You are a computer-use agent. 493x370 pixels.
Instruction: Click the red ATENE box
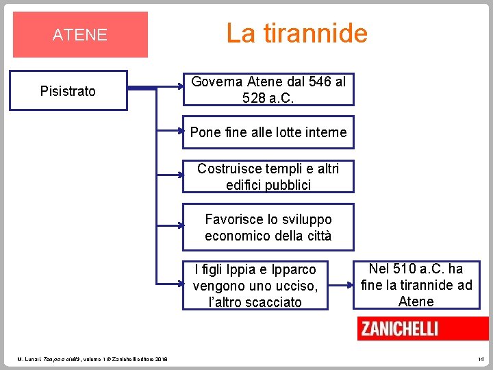tap(80, 34)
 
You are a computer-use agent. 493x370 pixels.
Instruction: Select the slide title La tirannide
tap(296, 32)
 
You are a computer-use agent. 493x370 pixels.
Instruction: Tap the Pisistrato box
tap(68, 90)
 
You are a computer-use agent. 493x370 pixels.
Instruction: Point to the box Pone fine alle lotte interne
tap(268, 132)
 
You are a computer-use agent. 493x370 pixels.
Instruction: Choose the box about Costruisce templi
tap(268, 176)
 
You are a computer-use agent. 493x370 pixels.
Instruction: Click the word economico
tap(236, 236)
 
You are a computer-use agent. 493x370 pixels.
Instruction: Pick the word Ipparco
tap(294, 269)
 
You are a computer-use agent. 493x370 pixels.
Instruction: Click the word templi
tap(276, 169)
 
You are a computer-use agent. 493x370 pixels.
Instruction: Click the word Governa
tap(214, 82)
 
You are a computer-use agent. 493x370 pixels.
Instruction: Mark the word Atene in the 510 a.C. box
tap(416, 301)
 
